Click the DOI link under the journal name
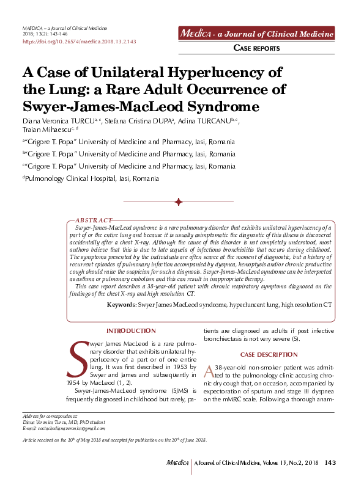(x=78, y=42)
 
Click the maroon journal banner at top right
(x=256, y=33)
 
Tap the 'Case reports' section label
(x=258, y=48)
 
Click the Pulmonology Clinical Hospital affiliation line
(x=91, y=178)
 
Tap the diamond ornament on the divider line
(x=178, y=202)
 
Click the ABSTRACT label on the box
(x=94, y=220)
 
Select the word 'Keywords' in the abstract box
(x=121, y=304)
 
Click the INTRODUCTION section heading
(x=131, y=330)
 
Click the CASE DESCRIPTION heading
(x=260, y=354)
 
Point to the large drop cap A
(x=209, y=371)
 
